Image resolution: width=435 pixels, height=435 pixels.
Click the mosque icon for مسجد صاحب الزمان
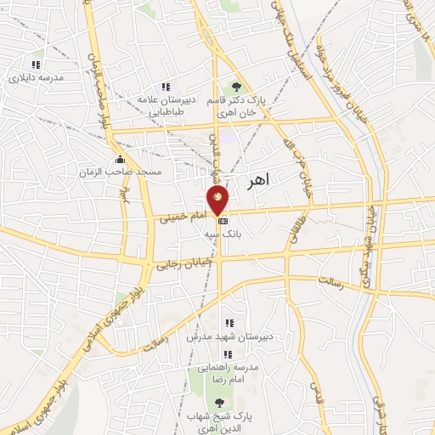(120, 159)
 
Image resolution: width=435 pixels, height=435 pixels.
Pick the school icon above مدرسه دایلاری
(36, 65)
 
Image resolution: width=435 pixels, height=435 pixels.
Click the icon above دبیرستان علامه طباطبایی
(166, 86)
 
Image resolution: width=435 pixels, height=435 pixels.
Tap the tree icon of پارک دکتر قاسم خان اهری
(236, 87)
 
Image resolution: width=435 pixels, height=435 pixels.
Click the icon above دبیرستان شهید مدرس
(228, 323)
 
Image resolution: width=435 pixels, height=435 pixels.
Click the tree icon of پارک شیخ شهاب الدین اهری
(220, 403)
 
